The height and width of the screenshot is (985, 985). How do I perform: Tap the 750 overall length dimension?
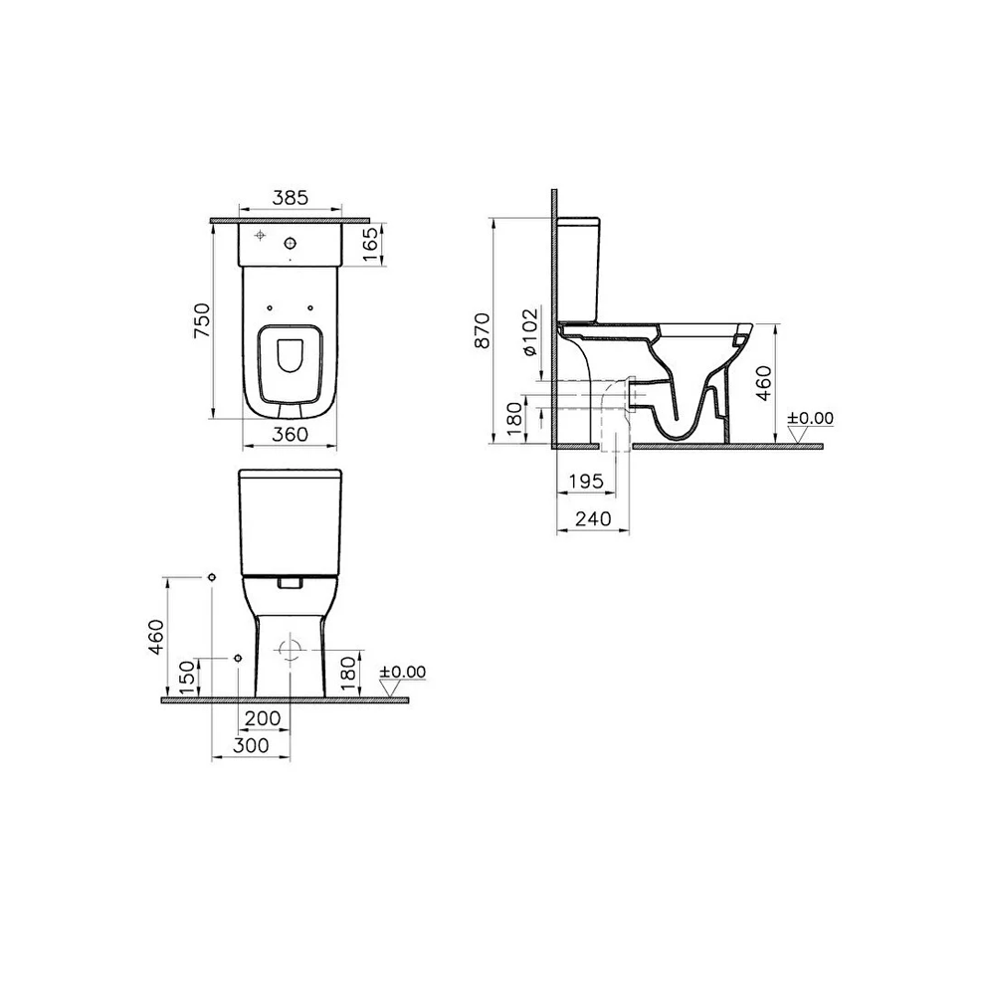coord(201,321)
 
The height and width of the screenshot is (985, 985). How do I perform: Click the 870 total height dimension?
coord(483,330)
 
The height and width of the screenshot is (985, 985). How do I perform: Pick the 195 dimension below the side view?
coord(586,482)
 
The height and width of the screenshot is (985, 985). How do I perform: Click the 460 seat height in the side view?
coord(763,382)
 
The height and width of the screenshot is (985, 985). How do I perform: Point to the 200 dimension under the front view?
coord(263,717)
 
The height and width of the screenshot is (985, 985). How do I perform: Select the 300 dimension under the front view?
coord(251,745)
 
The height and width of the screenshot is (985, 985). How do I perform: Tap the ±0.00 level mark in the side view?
coord(810,418)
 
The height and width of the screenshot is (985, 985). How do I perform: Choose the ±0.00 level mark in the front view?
coord(402,673)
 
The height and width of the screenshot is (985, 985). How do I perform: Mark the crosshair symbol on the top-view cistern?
coord(261,236)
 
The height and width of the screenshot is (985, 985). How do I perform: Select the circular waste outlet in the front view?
coord(292,650)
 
